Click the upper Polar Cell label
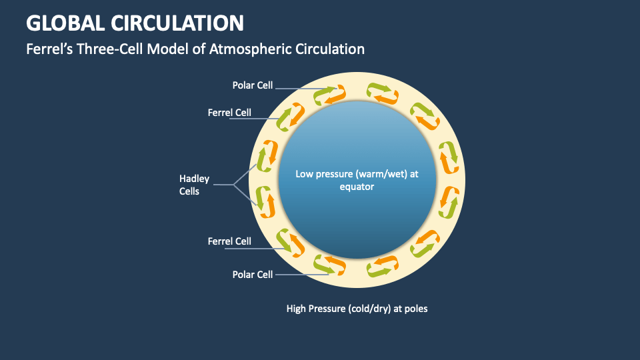pos(253,85)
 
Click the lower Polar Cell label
pos(253,274)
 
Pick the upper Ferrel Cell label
pos(229,112)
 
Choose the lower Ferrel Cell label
pos(229,241)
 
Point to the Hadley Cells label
pos(194,185)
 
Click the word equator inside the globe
pos(357,187)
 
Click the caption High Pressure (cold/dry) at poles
pos(357,308)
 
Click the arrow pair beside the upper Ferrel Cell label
pos(288,117)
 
